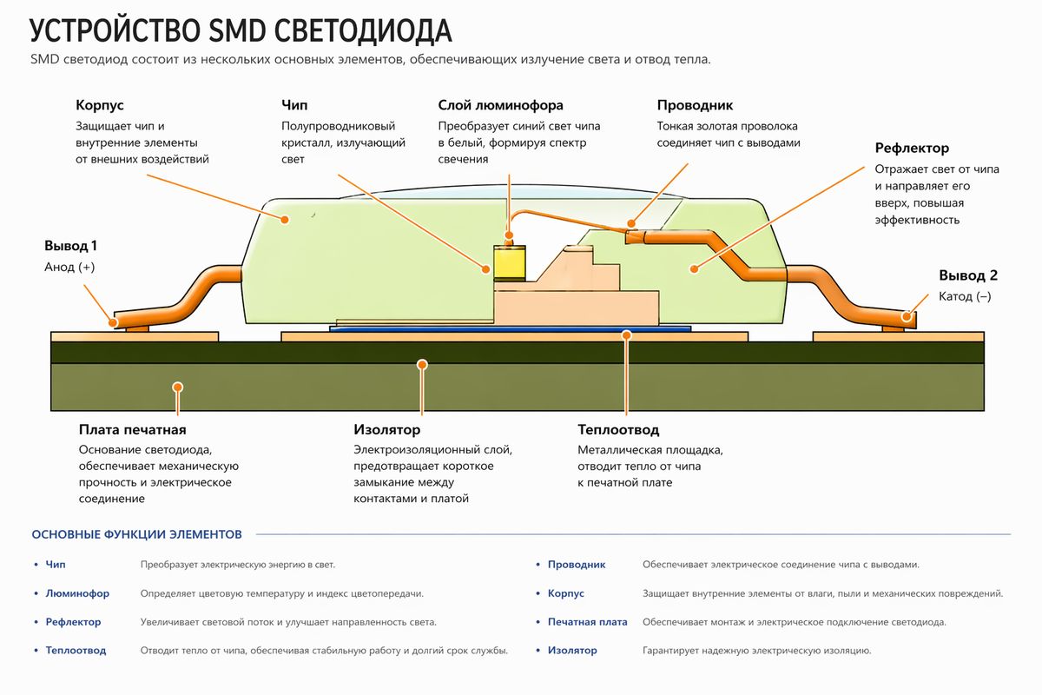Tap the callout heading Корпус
[100, 105]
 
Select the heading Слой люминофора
[500, 105]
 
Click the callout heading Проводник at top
[695, 105]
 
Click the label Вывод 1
[70, 246]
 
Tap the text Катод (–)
[965, 296]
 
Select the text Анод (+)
[69, 268]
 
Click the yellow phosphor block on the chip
[510, 261]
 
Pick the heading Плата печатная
[132, 429]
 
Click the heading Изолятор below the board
[387, 429]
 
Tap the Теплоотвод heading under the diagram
[618, 429]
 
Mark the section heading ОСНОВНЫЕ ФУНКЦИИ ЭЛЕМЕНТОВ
[136, 534]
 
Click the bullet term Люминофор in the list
[77, 593]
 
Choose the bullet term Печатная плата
[587, 622]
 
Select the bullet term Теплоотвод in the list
[76, 650]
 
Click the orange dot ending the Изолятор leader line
[422, 365]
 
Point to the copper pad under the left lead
[135, 335]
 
